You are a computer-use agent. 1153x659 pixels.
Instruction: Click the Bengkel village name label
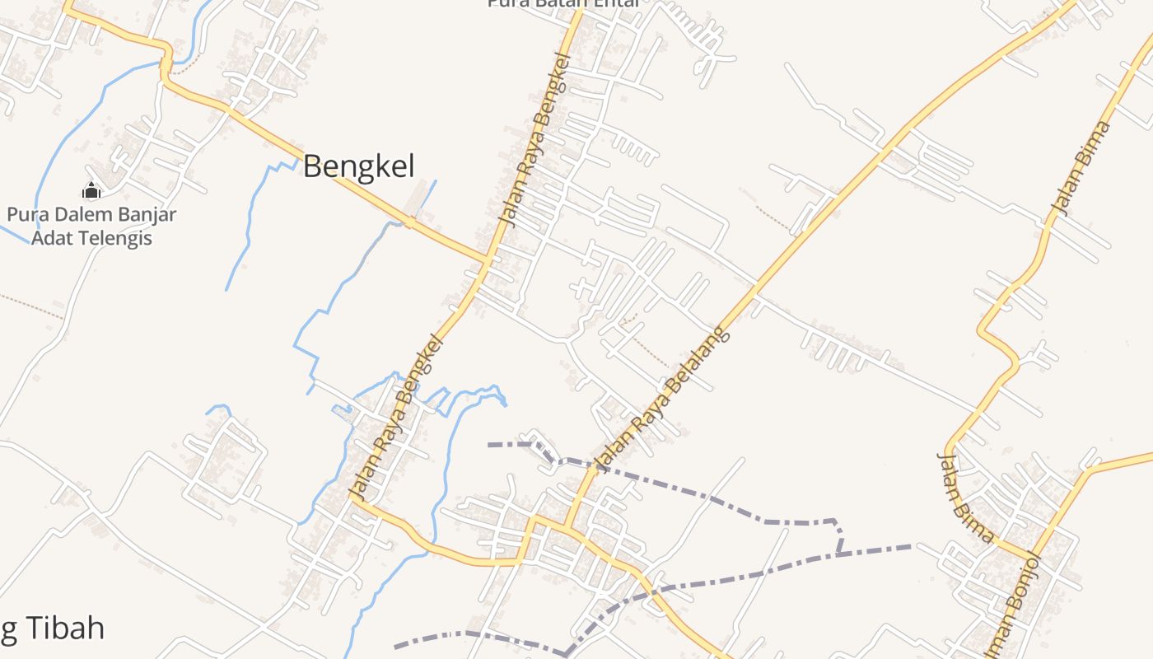pos(358,166)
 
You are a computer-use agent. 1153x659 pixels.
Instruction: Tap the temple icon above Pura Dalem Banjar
pos(91,191)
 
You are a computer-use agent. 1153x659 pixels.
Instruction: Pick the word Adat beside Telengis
pos(49,239)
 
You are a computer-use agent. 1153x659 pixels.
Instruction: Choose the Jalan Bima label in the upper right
pos(1082,168)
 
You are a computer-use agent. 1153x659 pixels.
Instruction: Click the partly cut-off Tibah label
pos(53,629)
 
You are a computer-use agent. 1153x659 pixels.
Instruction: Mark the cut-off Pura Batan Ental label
pos(563,3)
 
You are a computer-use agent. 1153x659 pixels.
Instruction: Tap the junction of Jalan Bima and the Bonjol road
pos(1033,554)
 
